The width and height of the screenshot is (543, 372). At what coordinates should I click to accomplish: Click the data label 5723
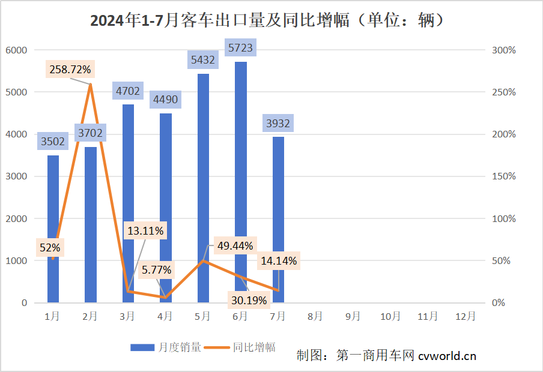point(240,47)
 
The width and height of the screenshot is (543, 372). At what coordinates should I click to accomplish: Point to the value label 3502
point(53,142)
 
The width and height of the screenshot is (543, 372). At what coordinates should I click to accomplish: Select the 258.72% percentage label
point(71,70)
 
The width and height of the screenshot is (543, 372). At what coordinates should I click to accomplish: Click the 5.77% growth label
point(157,270)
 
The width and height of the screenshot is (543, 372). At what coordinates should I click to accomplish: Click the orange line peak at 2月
point(90,85)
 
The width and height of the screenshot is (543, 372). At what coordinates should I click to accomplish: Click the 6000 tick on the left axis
point(17,50)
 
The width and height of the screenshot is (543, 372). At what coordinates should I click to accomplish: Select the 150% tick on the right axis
point(503,176)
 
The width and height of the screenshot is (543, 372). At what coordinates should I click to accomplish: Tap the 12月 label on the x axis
point(466,316)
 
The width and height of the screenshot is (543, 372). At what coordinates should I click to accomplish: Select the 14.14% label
point(279,261)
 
